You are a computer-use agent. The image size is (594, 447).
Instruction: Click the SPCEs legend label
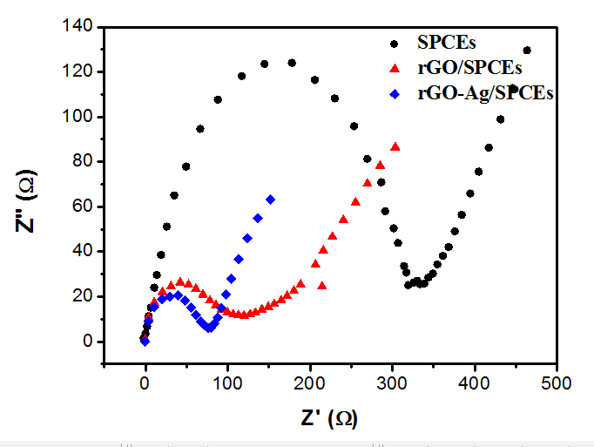point(446,42)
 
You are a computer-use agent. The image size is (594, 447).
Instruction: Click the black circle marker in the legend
point(394,42)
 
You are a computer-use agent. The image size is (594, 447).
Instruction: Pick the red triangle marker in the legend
point(394,68)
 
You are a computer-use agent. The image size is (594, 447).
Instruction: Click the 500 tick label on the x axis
point(557,383)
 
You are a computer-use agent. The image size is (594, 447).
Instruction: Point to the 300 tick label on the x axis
point(392,383)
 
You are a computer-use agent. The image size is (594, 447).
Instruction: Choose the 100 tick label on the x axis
point(227,383)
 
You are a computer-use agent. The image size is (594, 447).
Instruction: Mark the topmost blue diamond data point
point(271,200)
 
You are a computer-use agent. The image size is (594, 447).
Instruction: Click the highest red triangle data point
point(395,147)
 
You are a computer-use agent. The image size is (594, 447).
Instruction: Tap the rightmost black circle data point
point(526,51)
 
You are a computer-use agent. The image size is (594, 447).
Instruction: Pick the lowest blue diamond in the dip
point(209,328)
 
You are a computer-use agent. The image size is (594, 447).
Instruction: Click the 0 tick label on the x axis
point(145,383)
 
